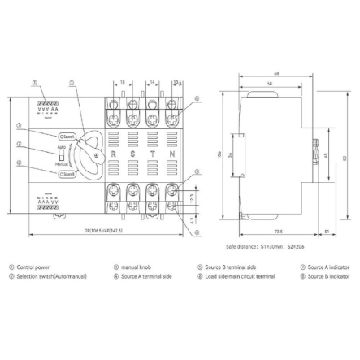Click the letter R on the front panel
114,153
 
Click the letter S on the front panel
132,153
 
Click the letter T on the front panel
152,153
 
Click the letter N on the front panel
171,153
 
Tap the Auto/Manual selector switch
59,153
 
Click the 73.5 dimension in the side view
279,231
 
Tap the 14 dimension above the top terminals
152,83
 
